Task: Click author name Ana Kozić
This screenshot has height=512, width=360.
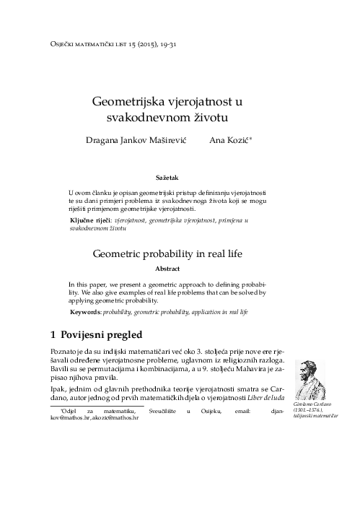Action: point(229,140)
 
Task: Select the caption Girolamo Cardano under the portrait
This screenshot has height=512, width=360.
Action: point(313,407)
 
